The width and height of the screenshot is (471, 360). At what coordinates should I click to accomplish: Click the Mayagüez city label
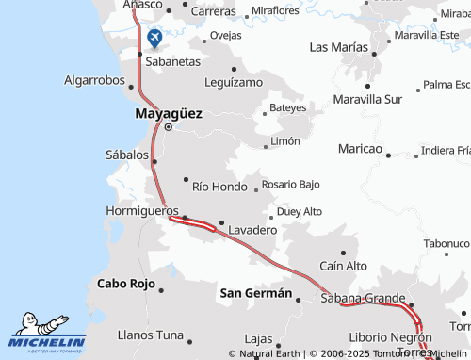[x=169, y=112]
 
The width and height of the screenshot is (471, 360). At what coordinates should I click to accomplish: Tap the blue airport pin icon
[x=155, y=39]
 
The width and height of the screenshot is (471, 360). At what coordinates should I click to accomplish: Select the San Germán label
[x=255, y=293]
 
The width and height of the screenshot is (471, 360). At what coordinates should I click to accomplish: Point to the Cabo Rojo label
[x=125, y=283]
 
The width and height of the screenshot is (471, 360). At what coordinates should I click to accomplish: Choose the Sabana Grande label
[x=363, y=299]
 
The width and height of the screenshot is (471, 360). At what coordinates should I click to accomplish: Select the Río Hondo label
[x=219, y=187]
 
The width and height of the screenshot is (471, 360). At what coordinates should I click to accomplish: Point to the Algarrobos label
[x=94, y=81]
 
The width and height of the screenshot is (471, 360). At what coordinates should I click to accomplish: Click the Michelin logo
[x=47, y=334]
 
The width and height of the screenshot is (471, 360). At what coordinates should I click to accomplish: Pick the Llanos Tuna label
[x=150, y=335]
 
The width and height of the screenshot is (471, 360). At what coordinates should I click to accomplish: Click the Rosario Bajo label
[x=291, y=184]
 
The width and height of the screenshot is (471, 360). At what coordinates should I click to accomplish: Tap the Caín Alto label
[x=344, y=267]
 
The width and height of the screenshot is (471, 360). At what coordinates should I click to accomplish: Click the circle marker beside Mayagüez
[x=168, y=127]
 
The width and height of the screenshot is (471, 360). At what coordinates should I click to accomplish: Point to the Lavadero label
[x=252, y=230]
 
